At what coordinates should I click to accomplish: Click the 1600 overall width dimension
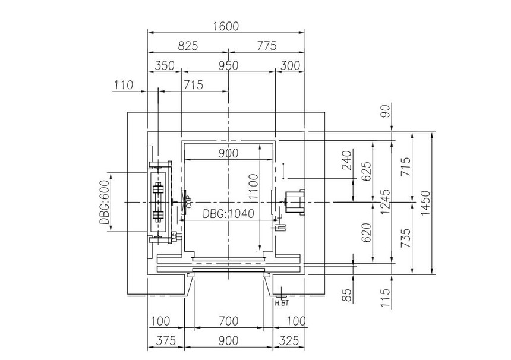point(226,26)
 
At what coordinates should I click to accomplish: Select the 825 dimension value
point(187,46)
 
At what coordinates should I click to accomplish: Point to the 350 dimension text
point(165,65)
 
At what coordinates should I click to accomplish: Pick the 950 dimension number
point(228,65)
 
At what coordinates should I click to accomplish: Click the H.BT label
point(281,303)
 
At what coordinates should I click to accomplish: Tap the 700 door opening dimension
point(228,322)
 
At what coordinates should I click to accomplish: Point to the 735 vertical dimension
point(406,238)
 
